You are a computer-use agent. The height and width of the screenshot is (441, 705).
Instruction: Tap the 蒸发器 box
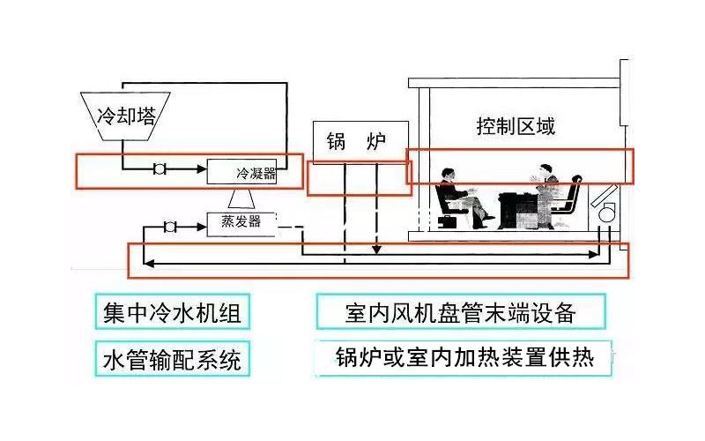tap(241, 221)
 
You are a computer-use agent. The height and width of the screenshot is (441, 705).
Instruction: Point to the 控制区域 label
tap(516, 126)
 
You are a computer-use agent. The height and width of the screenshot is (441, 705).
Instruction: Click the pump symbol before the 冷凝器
tap(160, 168)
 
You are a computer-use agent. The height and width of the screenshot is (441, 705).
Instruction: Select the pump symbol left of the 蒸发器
tap(170, 228)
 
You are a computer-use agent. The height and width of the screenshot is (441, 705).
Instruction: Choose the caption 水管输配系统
tap(171, 361)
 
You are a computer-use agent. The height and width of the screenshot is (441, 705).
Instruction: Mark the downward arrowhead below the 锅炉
tap(376, 252)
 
